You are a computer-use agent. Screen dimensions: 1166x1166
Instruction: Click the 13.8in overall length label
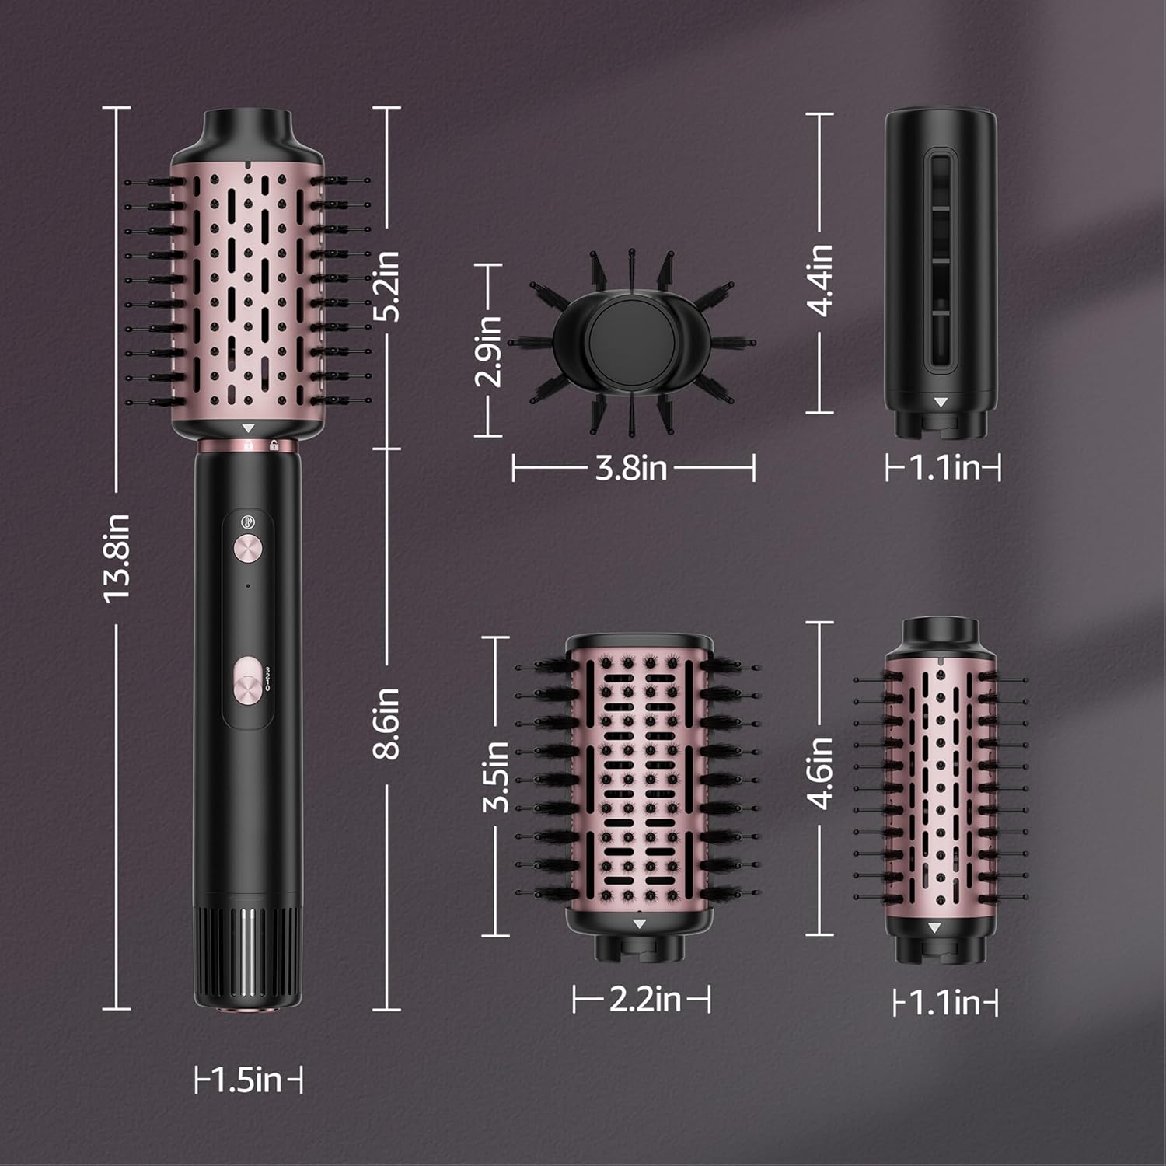(117, 558)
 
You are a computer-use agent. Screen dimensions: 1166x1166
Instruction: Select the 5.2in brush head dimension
(386, 285)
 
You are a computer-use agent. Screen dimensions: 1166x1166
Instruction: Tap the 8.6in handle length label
(386, 723)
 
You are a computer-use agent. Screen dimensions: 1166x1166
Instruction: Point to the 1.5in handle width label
(247, 1080)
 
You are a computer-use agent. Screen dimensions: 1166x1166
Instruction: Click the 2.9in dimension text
(489, 351)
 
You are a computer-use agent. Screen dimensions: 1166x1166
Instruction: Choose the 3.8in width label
(631, 468)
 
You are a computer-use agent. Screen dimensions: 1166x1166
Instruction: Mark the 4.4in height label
(820, 280)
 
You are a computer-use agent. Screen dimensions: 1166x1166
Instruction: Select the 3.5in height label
(496, 777)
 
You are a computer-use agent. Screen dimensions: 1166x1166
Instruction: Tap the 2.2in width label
(644, 999)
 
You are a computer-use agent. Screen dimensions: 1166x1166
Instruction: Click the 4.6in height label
(820, 773)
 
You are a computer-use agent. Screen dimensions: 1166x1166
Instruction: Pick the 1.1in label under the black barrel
(944, 468)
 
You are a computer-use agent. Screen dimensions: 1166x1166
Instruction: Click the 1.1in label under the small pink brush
(944, 1003)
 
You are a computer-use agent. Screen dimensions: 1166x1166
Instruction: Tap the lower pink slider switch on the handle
(248, 681)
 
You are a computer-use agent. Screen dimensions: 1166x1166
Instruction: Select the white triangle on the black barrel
(941, 403)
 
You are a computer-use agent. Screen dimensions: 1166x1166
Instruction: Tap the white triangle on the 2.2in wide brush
(639, 923)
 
